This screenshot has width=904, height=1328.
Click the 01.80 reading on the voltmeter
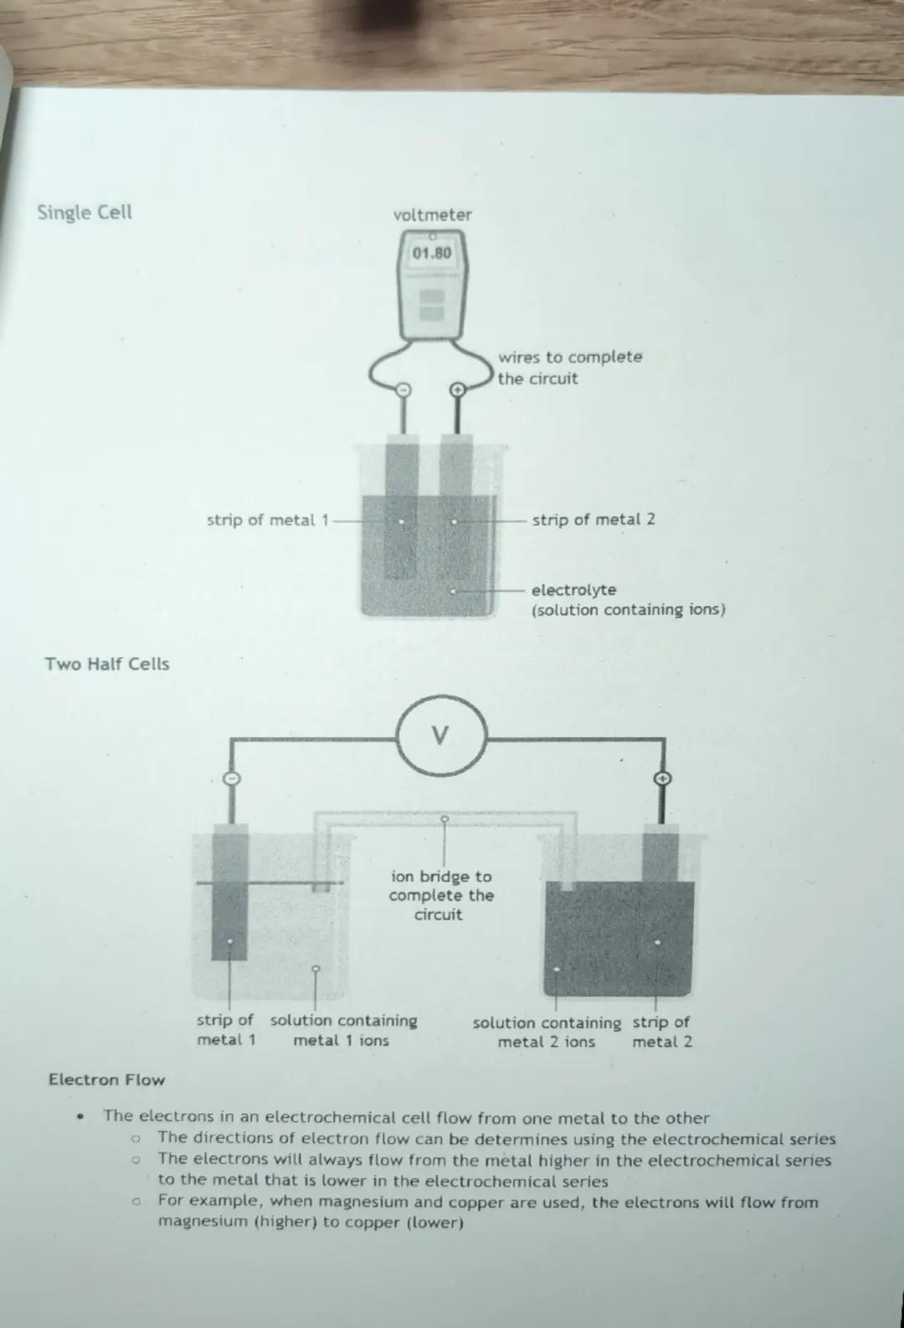(432, 254)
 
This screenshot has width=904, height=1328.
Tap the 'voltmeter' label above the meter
(433, 214)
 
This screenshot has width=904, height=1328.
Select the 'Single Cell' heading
(85, 213)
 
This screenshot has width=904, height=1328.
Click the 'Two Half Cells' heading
(107, 664)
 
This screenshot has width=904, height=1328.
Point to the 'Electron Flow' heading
(107, 1079)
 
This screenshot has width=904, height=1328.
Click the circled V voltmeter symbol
(442, 736)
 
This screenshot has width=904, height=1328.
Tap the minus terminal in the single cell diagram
(403, 390)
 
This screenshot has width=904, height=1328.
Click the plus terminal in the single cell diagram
(457, 390)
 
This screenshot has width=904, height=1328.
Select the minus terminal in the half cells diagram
(232, 778)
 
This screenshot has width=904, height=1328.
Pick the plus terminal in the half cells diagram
(663, 778)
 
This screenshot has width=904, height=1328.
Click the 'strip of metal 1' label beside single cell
(268, 520)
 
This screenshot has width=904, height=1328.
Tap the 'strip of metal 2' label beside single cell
(593, 520)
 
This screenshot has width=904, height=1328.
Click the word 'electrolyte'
(573, 591)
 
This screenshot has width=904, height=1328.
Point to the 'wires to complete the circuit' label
(570, 367)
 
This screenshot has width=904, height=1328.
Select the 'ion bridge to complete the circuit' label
(441, 895)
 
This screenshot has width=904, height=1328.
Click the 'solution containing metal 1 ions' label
(343, 1030)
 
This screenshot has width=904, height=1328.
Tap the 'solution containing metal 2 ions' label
(547, 1032)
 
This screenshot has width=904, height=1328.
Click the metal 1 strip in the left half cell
(230, 892)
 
